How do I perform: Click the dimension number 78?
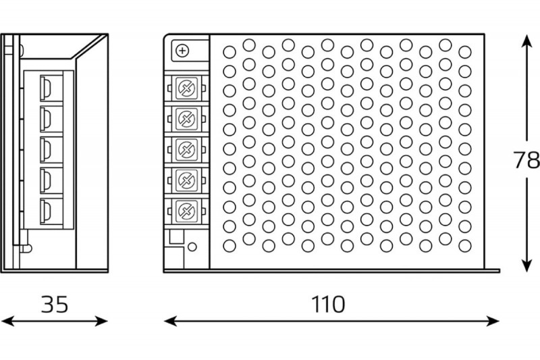(x=526, y=159)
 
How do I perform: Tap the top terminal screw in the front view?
(x=187, y=88)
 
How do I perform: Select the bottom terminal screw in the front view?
(x=187, y=211)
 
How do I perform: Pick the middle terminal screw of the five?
(x=187, y=149)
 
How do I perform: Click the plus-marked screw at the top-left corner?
(x=182, y=51)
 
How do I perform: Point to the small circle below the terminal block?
(x=192, y=247)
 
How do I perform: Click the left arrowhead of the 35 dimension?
(x=7, y=321)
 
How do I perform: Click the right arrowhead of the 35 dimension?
(x=101, y=321)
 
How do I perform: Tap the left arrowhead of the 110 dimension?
(x=171, y=321)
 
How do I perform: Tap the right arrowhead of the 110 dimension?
(x=493, y=321)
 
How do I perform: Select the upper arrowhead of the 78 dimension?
(x=526, y=41)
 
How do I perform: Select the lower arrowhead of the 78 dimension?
(x=526, y=265)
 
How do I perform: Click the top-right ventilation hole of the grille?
(x=465, y=52)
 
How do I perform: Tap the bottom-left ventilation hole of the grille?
(x=230, y=246)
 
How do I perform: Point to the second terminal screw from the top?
(x=187, y=119)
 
